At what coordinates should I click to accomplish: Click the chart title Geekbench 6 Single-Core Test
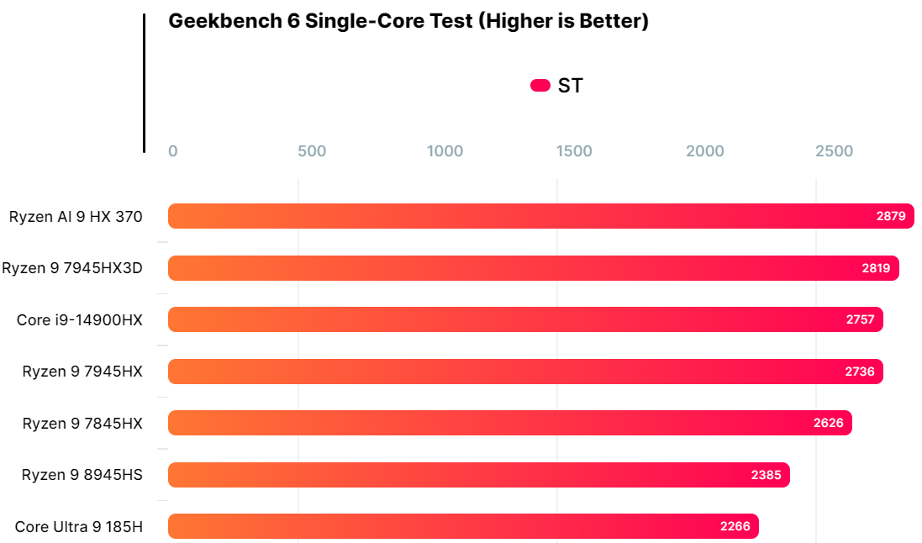coord(408,21)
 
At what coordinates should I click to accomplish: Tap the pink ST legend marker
coord(540,85)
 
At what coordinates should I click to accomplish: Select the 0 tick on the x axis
coord(173,151)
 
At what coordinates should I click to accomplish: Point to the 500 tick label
coord(312,151)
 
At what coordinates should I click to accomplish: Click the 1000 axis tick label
coord(445,151)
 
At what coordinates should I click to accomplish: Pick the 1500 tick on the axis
coord(574,151)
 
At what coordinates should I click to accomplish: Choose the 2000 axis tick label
coord(704,151)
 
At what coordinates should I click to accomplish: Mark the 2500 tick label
coord(834,151)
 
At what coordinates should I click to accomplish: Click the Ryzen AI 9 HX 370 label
coord(76,216)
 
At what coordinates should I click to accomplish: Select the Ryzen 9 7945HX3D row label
coord(72,268)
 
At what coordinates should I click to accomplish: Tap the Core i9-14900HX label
coord(80,320)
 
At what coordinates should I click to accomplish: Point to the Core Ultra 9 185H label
coord(79,527)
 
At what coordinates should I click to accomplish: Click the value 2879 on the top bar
coord(890,216)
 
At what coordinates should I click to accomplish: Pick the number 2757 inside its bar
coord(860,320)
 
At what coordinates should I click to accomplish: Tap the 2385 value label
coord(766,475)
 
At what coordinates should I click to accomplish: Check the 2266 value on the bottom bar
coord(735,527)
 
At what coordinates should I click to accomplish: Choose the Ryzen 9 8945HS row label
coord(82,475)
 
